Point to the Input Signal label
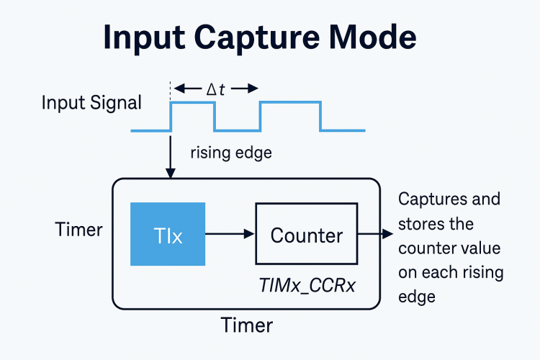(91, 103)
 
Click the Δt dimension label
(216, 89)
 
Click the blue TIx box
(167, 235)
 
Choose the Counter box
(307, 235)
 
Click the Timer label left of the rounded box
(79, 230)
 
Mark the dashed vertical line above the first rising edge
(171, 91)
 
